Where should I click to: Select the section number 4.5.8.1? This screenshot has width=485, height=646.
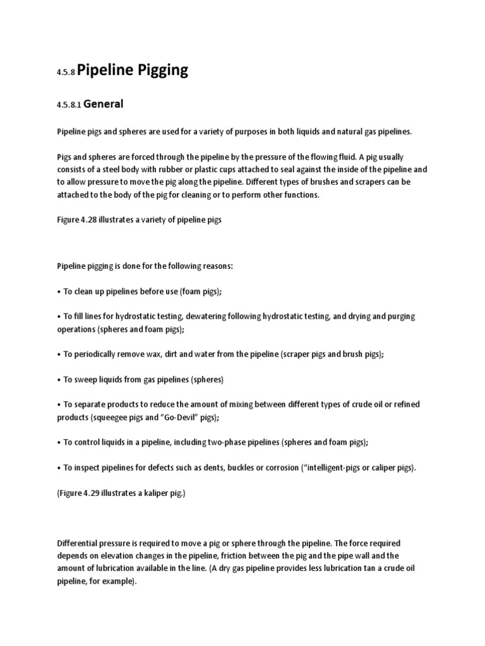(68, 105)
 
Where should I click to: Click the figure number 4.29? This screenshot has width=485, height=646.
(93, 493)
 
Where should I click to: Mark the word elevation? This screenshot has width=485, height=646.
(128, 555)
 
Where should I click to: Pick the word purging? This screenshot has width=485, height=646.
(401, 316)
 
